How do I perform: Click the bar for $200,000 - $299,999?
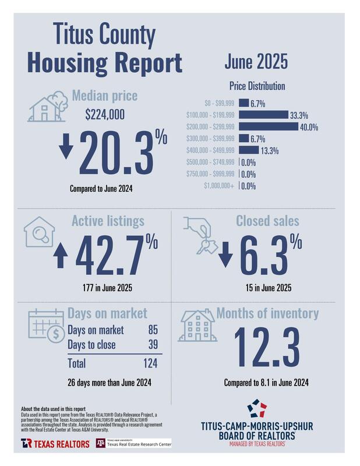(x=276, y=126)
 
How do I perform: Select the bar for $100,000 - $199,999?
(x=263, y=115)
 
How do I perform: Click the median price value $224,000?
(x=105, y=115)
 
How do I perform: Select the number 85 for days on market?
(x=154, y=330)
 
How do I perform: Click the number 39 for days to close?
(x=154, y=345)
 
